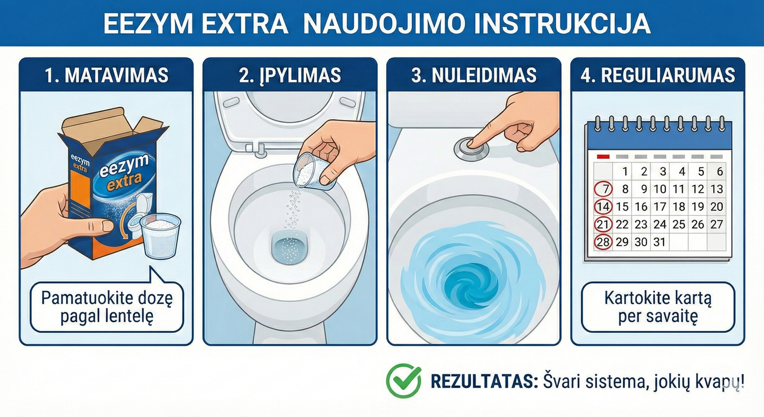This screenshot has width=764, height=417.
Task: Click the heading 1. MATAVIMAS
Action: pos(106,75)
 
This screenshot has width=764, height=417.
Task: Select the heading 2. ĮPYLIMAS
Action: pos(290,75)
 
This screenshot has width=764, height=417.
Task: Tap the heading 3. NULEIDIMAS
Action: pos(474,75)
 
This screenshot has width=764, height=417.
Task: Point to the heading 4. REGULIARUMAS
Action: pos(658,75)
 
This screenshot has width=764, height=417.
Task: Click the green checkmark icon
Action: pos(403,381)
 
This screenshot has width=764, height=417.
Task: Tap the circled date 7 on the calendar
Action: pos(604,189)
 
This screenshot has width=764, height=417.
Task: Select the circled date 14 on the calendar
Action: pos(603,207)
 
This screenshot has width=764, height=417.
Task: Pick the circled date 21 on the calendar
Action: pos(603,224)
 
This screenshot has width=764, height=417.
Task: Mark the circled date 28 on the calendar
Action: pos(603,242)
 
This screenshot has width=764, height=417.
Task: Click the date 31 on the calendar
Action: pos(660,242)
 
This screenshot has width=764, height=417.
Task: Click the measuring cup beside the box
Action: pos(161,235)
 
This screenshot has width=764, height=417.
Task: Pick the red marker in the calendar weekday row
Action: pos(603,157)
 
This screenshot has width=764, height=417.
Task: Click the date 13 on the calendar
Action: pos(716,189)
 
